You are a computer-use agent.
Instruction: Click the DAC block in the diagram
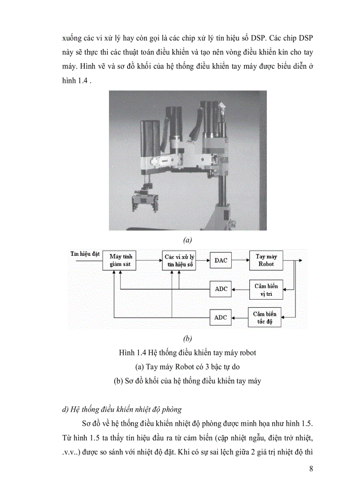coord(221,261)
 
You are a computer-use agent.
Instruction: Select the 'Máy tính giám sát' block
coord(121,261)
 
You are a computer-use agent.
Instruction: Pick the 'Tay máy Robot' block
coord(266,260)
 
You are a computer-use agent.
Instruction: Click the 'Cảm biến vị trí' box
coord(266,289)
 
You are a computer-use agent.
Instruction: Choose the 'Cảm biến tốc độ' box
coord(265,317)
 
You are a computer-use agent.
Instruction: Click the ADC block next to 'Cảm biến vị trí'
coord(221,289)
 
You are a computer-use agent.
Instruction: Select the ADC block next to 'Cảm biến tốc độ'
coord(221,317)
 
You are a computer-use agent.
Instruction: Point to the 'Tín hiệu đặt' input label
coord(85,254)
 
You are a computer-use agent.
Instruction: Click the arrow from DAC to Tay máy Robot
coord(240,261)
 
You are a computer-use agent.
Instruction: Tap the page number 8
coord(311,469)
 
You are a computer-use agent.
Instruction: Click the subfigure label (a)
coord(187,240)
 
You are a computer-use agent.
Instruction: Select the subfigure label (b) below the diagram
coord(187,339)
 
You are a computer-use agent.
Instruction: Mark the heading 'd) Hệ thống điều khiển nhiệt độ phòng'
coord(122,409)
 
